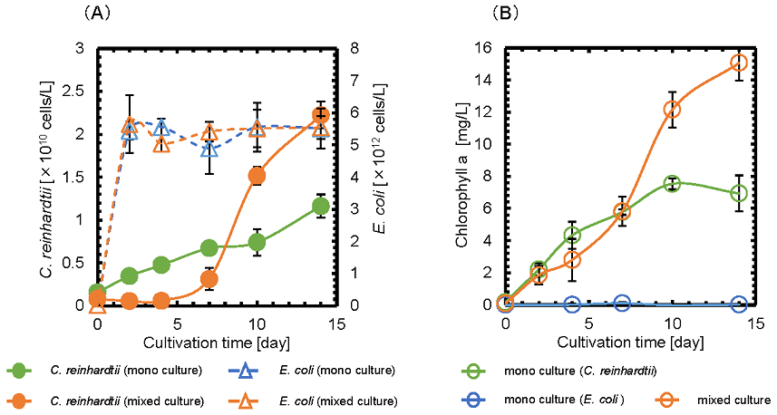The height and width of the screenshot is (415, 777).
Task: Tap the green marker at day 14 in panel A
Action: pyautogui.click(x=319, y=207)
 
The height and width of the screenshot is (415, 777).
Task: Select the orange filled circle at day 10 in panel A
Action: pyautogui.click(x=257, y=176)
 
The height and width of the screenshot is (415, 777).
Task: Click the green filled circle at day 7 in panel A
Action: pyautogui.click(x=209, y=247)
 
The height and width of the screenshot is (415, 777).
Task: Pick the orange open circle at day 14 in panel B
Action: pyautogui.click(x=739, y=63)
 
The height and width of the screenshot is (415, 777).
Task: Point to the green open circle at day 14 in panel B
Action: pyautogui.click(x=739, y=193)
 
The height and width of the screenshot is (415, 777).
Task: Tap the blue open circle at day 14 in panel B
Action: pyautogui.click(x=739, y=304)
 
